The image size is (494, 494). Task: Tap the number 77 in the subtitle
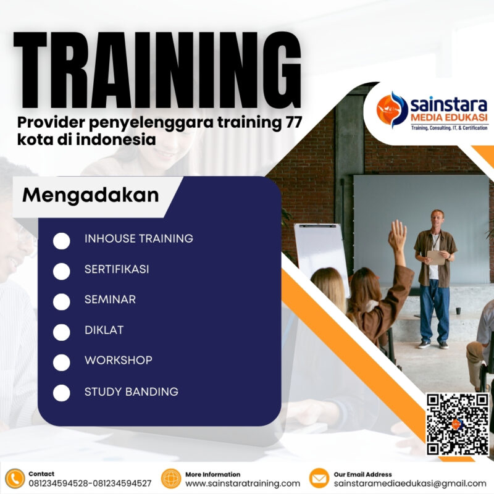291,122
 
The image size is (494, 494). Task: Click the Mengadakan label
91,195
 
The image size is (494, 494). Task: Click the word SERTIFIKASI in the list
117,269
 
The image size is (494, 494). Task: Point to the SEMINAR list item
110,299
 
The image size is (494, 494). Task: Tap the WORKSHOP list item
119,360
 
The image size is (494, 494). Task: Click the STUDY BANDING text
132,391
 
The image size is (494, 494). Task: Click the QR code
458,424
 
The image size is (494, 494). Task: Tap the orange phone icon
14,479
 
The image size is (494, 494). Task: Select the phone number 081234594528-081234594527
90,484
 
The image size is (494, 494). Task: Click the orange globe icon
170,479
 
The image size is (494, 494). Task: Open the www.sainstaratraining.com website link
243,484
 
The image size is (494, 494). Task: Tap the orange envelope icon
319,479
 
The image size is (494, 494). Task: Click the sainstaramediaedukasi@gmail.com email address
410,484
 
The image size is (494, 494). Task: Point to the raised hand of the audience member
398,235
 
